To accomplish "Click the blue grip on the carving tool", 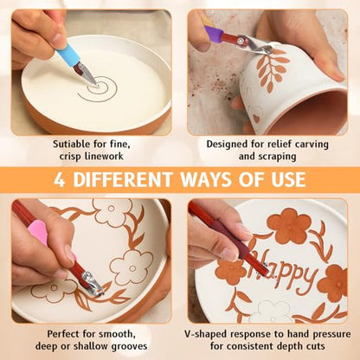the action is coord(67,55).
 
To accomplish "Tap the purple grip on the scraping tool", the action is coord(214,34).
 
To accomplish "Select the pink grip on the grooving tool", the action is coord(38,233).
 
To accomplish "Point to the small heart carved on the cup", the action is coord(255,119).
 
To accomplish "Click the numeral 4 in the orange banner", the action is coord(59,180).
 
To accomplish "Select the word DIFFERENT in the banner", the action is coord(123,180).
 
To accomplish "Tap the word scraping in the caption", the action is coord(277,157).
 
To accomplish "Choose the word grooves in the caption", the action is coord(129,346).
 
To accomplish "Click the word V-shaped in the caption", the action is coord(206,334).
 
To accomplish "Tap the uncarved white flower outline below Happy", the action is coord(273,312).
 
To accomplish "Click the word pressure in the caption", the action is coord(331,334).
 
